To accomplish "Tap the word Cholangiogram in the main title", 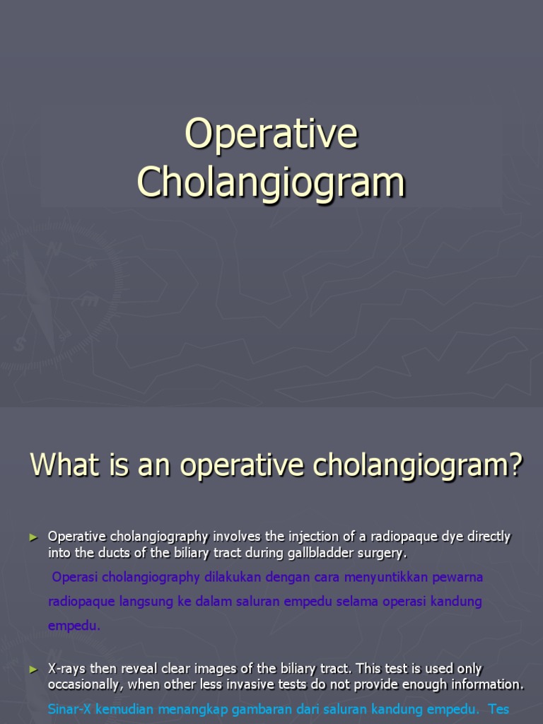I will pos(271,182).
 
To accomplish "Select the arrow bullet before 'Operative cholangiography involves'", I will pos(33,537).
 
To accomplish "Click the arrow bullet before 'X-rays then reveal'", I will pos(33,669).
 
